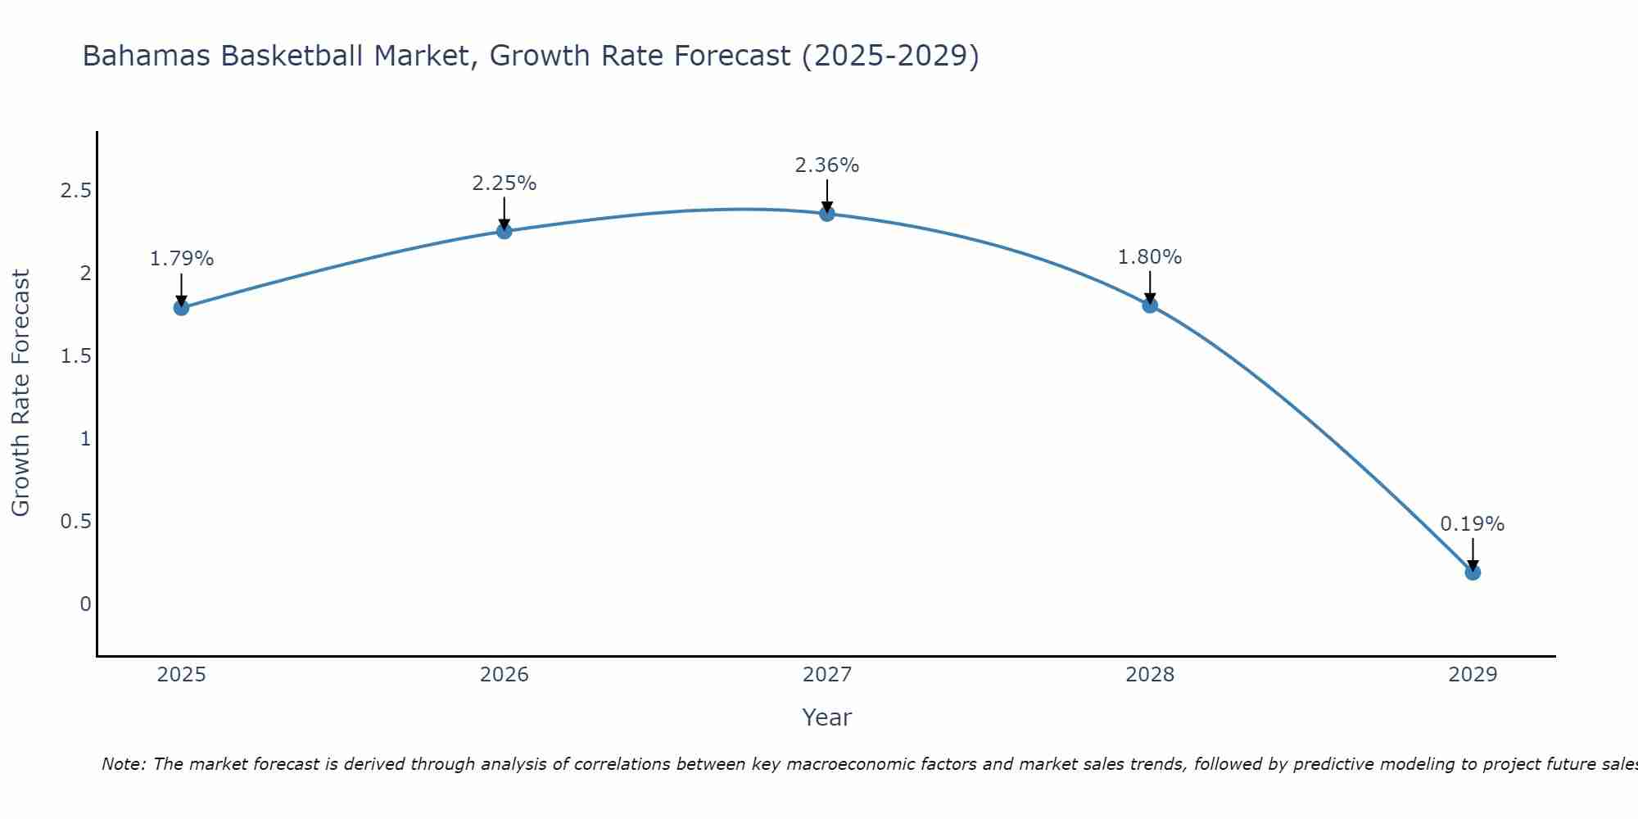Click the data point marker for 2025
click(181, 308)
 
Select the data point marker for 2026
click(505, 231)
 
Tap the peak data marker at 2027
click(827, 214)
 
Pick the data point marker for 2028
click(1150, 305)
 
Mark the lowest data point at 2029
click(1473, 572)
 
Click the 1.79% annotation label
click(181, 259)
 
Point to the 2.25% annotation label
click(505, 183)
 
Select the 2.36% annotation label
click(827, 165)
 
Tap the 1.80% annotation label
click(1150, 257)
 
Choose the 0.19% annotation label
click(1473, 524)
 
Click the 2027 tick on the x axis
click(827, 675)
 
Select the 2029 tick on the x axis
click(1473, 675)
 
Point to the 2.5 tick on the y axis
click(75, 191)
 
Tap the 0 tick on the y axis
click(85, 604)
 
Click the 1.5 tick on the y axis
click(75, 356)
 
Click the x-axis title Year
click(827, 717)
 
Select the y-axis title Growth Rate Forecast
click(20, 393)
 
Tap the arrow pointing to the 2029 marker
click(1473, 554)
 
